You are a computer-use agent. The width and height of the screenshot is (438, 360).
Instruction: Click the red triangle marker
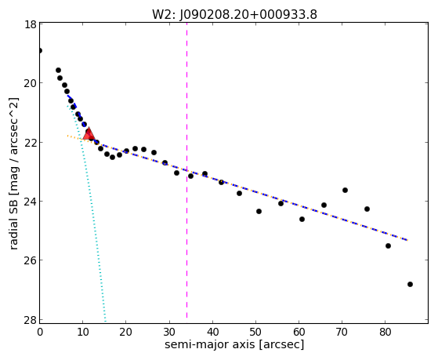click(89, 134)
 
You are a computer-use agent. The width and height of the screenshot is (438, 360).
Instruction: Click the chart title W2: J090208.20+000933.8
click(234, 14)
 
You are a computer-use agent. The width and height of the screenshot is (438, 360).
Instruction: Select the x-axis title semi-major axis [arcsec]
click(234, 344)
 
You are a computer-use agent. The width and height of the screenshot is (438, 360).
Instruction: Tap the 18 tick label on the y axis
click(30, 24)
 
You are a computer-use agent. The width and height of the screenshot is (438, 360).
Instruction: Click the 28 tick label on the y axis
click(30, 319)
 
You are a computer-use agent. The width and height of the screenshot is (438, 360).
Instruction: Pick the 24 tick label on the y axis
click(30, 201)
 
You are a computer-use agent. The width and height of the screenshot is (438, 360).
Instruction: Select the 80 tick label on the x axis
click(385, 332)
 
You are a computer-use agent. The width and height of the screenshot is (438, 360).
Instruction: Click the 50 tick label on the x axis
click(255, 332)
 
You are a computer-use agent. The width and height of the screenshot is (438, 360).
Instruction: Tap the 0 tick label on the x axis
click(40, 332)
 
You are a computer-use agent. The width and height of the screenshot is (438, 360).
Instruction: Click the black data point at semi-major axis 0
click(40, 51)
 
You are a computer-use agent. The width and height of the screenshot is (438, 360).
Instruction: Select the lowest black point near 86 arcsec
click(410, 284)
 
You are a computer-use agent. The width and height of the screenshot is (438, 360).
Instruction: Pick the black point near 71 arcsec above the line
click(345, 191)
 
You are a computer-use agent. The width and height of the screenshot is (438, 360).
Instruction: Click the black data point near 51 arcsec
click(259, 211)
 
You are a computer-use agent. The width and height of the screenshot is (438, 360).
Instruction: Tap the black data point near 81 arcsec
click(388, 245)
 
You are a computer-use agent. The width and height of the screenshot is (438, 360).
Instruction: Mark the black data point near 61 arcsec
click(302, 219)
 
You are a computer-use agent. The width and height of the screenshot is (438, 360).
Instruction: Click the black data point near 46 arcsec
click(239, 193)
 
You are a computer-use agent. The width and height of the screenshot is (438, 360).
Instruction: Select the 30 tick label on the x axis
click(169, 332)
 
